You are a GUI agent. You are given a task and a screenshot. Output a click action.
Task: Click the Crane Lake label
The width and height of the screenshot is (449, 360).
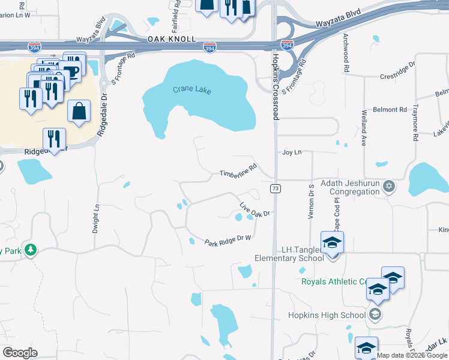(x=192, y=90)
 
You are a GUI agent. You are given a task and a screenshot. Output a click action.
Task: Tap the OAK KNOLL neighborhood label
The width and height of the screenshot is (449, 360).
(x=172, y=38)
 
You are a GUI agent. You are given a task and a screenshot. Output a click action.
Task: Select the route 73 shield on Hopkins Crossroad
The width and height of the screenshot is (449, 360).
(x=276, y=189)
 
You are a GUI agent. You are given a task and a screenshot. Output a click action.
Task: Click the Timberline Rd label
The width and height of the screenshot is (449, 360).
(x=238, y=170)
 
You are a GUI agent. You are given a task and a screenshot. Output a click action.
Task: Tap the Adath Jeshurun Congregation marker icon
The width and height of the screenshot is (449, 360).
(x=389, y=185)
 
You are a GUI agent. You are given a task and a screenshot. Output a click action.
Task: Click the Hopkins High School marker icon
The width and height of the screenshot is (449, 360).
(x=375, y=314)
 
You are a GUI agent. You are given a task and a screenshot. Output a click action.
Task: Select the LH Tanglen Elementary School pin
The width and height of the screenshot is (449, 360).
(x=331, y=244)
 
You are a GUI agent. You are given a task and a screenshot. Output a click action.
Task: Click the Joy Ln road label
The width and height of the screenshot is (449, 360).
(x=292, y=152)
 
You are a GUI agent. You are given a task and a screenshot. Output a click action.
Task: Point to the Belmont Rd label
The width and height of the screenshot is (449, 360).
(x=390, y=110)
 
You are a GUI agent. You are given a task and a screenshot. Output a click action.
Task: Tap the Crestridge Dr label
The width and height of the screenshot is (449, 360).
(x=397, y=76)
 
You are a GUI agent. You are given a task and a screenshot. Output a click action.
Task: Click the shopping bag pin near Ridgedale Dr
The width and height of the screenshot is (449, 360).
(x=79, y=111)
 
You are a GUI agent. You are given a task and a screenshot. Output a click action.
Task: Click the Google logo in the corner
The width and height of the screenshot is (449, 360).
(x=20, y=352)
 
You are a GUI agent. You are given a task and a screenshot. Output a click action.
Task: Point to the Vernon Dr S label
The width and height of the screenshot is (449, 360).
(x=312, y=202)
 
